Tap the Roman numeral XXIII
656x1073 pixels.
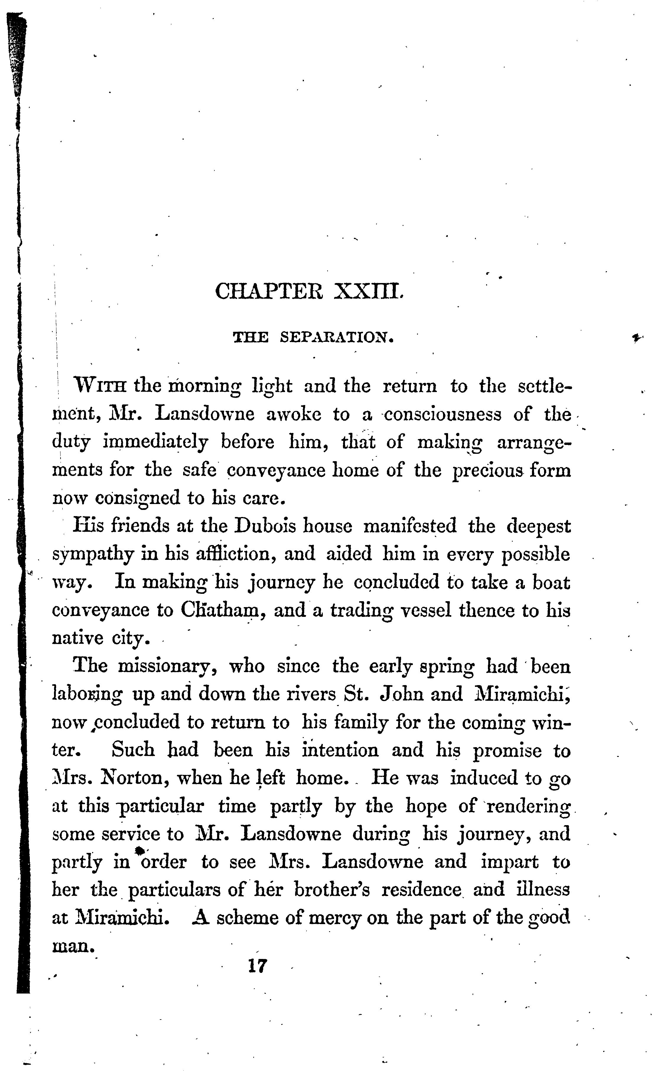point(369,292)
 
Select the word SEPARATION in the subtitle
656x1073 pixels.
point(336,337)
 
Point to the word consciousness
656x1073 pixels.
point(442,414)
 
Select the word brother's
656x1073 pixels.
point(332,890)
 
